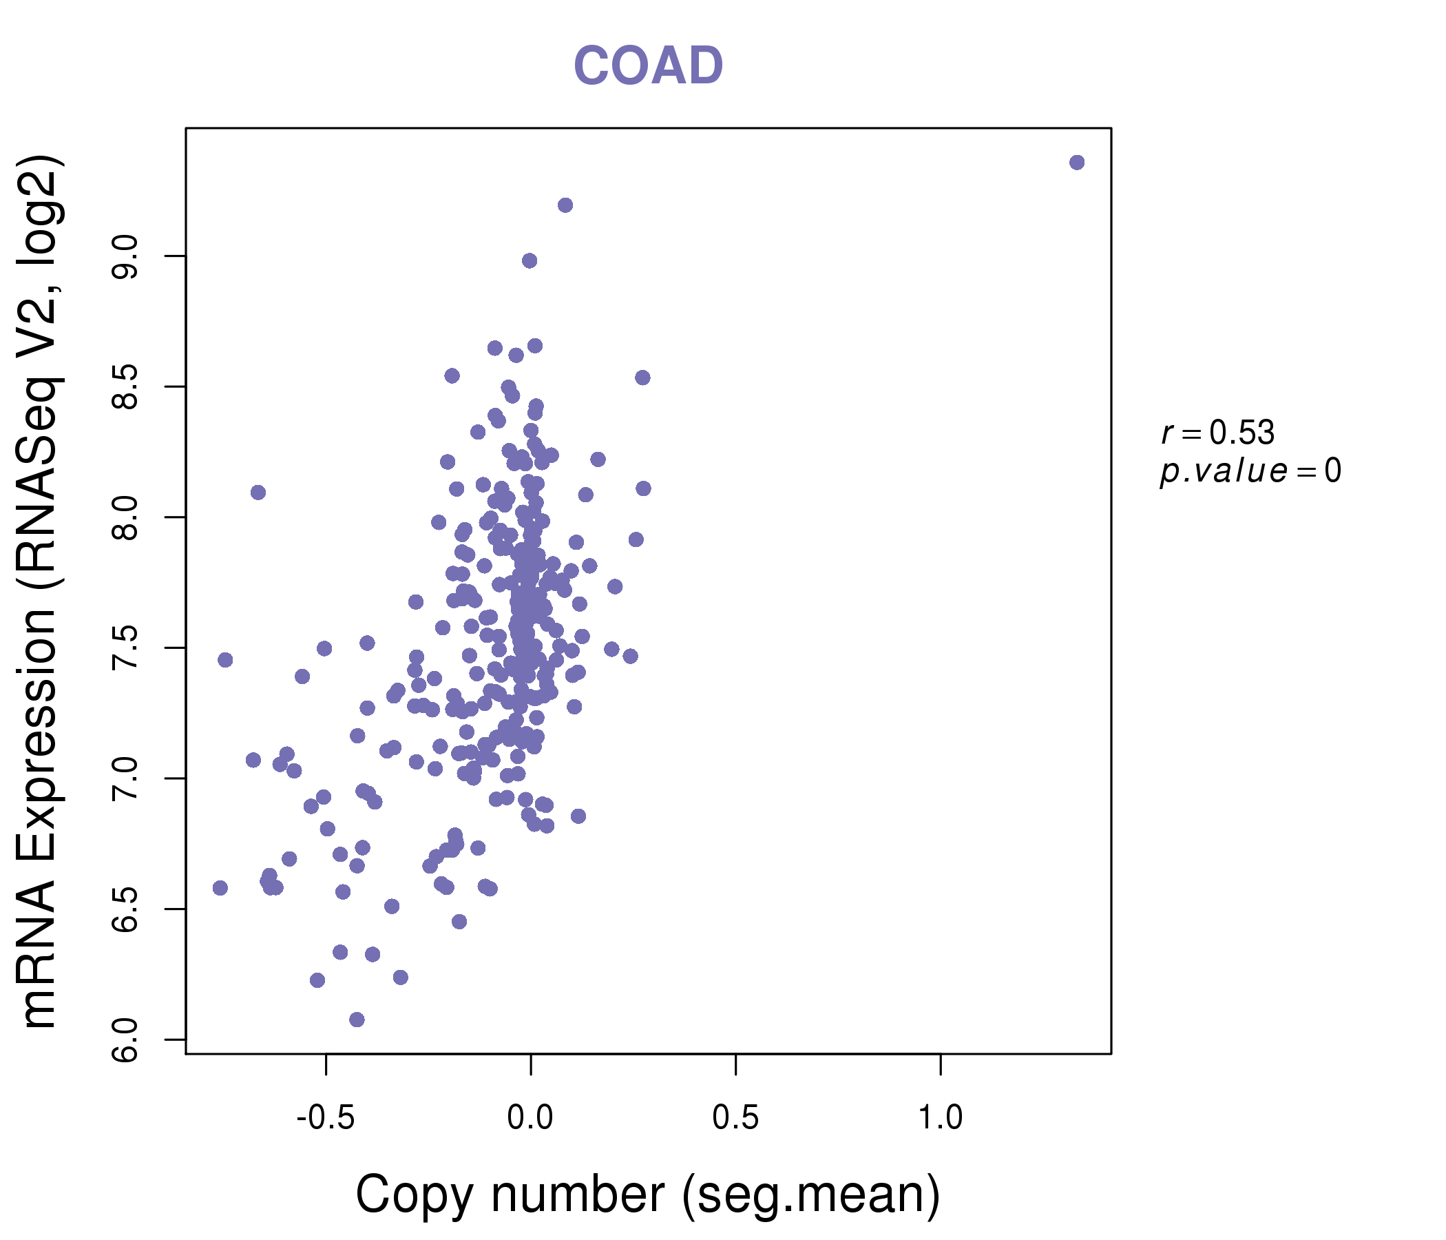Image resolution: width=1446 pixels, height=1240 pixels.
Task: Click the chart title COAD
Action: coord(648,65)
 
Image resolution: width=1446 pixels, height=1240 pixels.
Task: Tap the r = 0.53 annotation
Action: coord(1218,433)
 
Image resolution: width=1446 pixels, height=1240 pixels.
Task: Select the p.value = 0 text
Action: coord(1250,471)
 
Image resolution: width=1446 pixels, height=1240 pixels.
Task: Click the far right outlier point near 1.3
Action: coord(1077,163)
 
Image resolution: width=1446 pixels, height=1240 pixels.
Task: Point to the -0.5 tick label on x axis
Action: coord(326,1118)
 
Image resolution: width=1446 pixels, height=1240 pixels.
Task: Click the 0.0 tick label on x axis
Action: coord(530,1118)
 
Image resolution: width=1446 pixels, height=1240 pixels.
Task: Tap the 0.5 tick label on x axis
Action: coord(735,1118)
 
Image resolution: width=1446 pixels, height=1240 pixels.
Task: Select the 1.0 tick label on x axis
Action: coord(940,1118)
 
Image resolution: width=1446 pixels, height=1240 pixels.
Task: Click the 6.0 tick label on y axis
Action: coord(126,1040)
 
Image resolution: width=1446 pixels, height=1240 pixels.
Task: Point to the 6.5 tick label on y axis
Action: coord(126,910)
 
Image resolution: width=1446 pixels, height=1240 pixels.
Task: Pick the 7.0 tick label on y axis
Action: coord(126,779)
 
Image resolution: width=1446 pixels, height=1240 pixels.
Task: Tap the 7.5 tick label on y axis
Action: coord(126,649)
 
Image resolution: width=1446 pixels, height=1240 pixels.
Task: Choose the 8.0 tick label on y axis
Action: coord(126,518)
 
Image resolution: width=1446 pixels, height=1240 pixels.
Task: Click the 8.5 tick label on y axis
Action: coord(126,387)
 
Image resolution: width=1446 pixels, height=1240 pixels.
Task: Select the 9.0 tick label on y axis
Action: coord(126,257)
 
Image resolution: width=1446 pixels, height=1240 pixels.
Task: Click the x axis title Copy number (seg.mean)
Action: coord(648,1195)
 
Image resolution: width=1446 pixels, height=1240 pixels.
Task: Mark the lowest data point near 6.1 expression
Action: coord(357,1020)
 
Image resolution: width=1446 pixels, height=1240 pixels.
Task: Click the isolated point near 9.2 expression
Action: coord(565,205)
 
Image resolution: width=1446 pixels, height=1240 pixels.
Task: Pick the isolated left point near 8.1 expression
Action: coord(258,493)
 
